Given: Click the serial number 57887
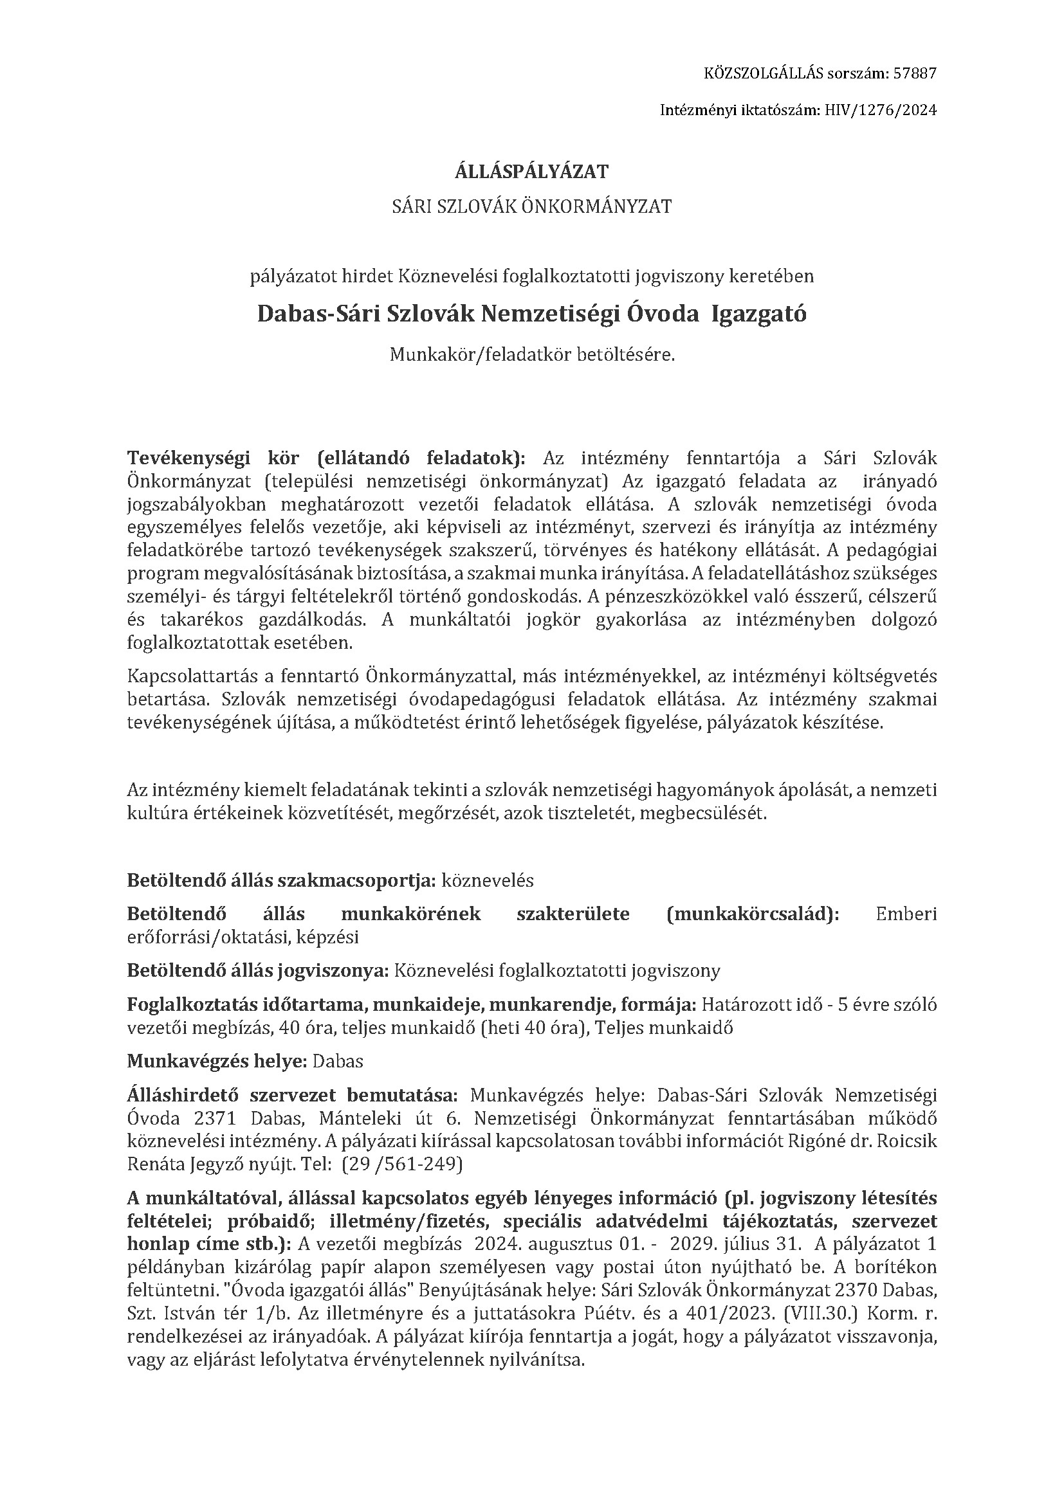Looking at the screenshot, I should click(x=912, y=74).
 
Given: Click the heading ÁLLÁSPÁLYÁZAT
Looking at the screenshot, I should click(x=531, y=172).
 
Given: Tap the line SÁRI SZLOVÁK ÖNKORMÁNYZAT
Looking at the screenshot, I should click(x=531, y=207).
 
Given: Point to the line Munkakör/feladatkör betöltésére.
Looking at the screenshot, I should click(x=531, y=355).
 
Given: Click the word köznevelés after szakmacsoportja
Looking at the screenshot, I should click(x=488, y=880).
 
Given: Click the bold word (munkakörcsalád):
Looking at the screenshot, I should click(x=752, y=914).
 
